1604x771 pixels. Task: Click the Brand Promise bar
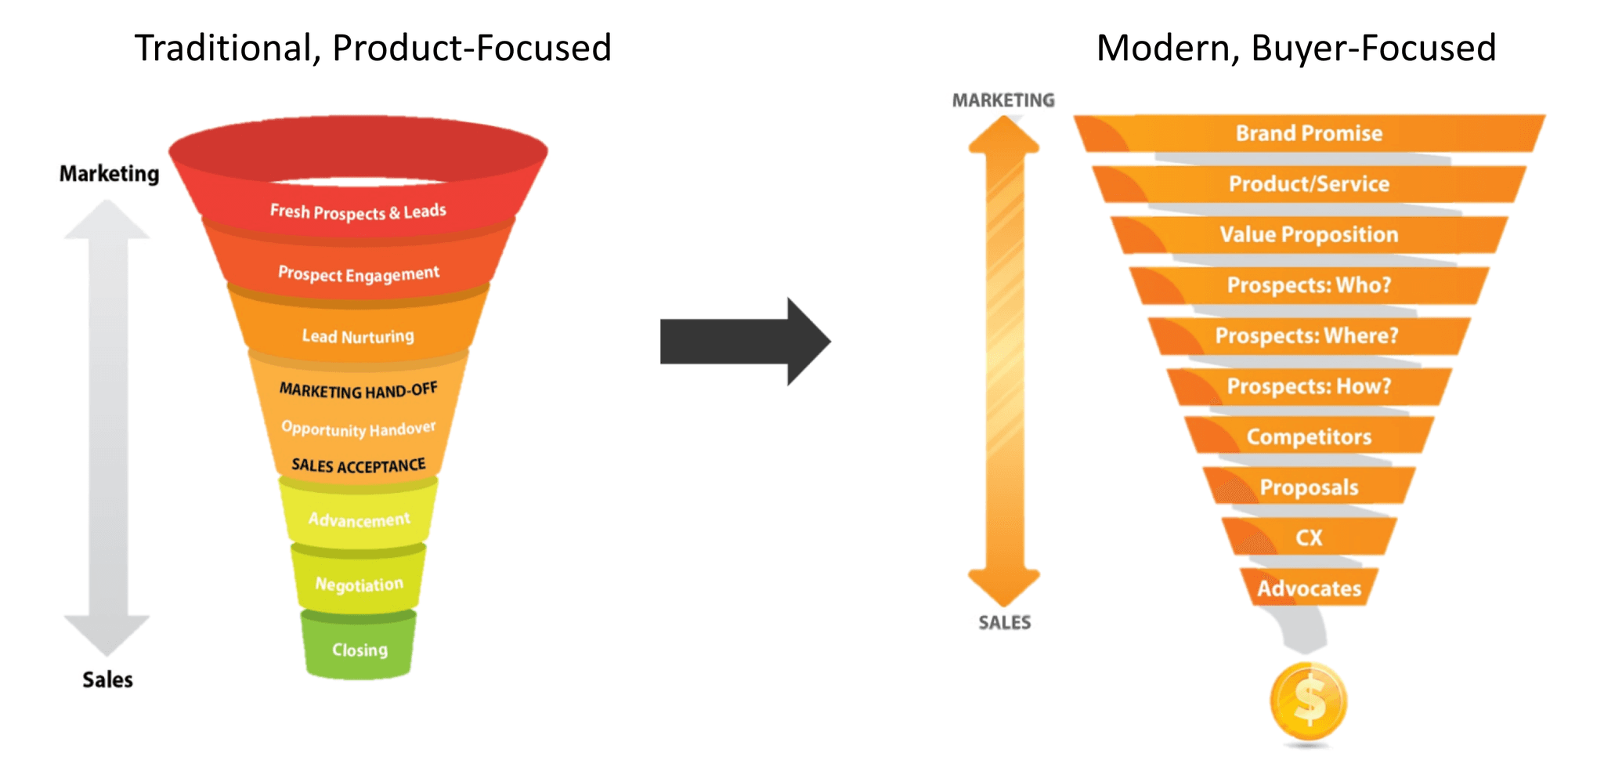tap(1308, 133)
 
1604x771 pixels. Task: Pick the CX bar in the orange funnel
tap(1308, 538)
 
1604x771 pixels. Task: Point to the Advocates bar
tap(1308, 588)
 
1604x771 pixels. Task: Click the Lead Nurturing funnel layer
tap(358, 335)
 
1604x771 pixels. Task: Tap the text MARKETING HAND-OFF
tap(358, 389)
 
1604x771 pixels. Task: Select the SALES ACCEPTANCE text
tap(358, 465)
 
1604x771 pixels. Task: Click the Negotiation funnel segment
tap(359, 585)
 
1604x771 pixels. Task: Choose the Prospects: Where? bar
tap(1306, 335)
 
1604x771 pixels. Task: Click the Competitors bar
tap(1308, 436)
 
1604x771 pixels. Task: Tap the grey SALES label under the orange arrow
tap(1004, 623)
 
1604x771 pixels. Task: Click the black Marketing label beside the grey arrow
tap(109, 173)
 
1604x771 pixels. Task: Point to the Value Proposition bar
tap(1308, 234)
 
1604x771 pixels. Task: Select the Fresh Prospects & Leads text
tap(358, 212)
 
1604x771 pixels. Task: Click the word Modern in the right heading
tap(1165, 49)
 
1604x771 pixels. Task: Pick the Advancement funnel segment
tap(359, 519)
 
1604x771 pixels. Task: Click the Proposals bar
tap(1308, 487)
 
